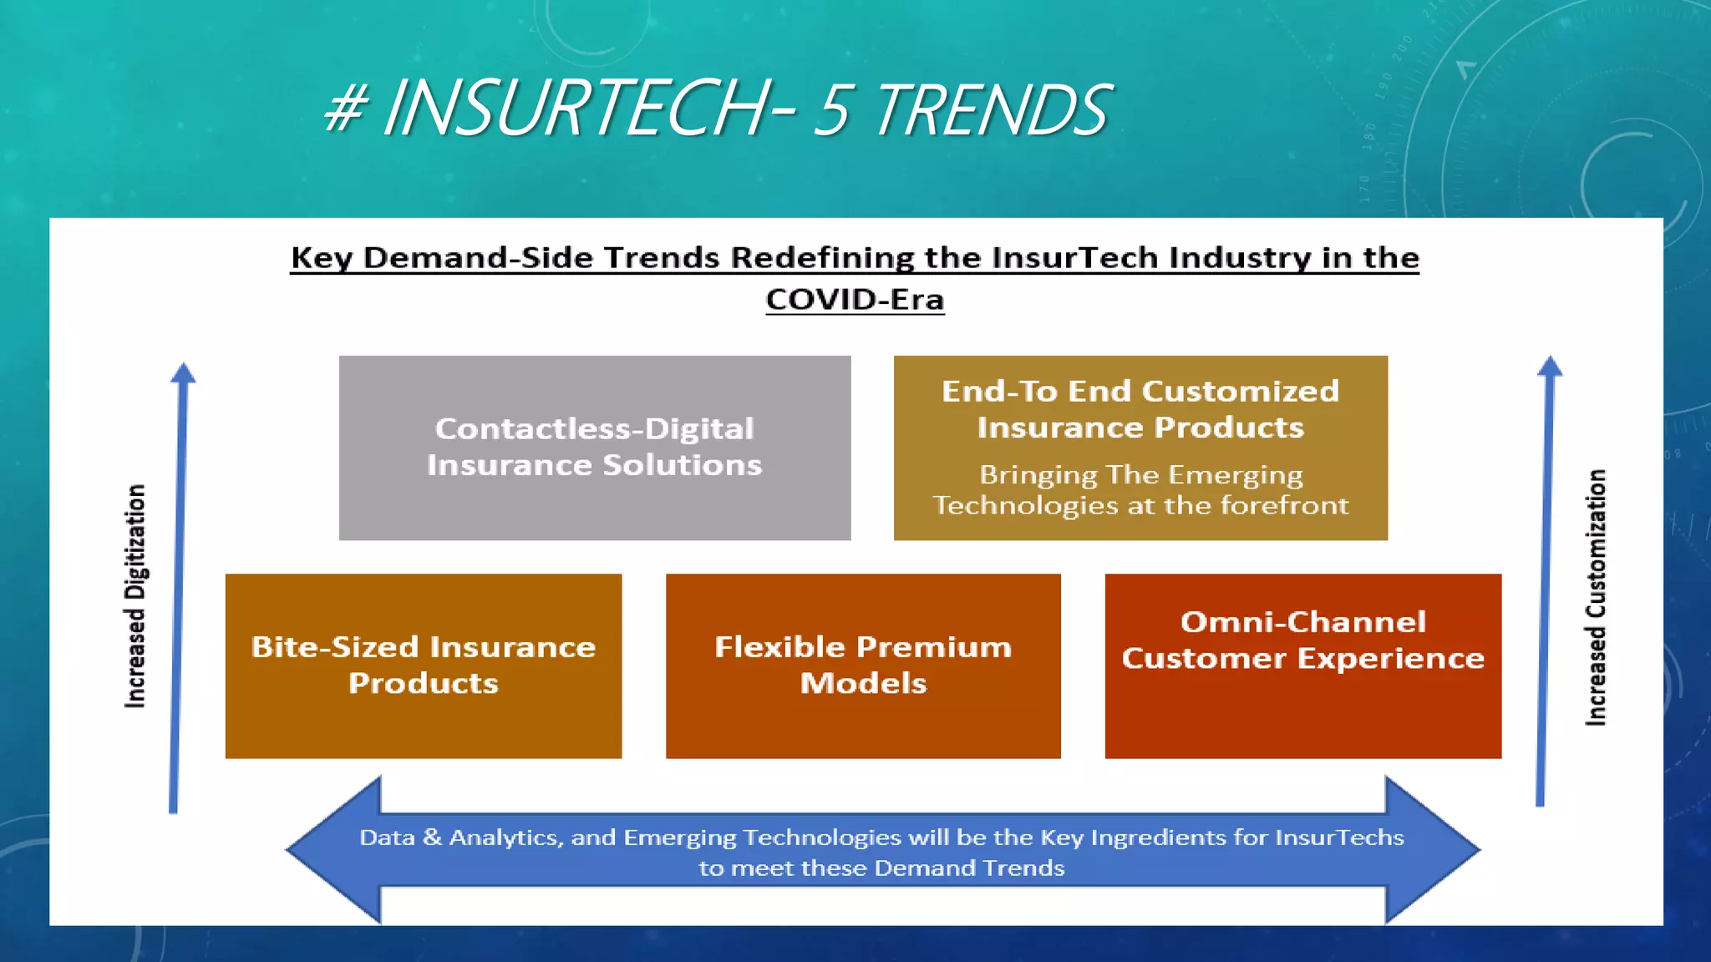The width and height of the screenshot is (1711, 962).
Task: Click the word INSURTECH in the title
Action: [576, 109]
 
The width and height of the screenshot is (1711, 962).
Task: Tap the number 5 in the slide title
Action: [832, 110]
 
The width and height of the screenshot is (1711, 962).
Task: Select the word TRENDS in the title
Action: [992, 110]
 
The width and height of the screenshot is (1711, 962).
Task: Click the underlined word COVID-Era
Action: [855, 300]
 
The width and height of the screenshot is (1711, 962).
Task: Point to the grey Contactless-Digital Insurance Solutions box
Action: [594, 448]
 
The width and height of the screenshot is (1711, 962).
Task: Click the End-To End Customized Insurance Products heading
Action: [1140, 409]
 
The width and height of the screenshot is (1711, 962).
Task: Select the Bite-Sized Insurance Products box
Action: [424, 666]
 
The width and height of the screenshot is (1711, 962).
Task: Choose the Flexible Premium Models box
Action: [863, 666]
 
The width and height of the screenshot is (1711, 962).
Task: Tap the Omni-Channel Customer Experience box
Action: [1302, 666]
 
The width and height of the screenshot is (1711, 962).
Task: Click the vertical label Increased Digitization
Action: [135, 596]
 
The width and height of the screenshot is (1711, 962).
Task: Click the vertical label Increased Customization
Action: [1596, 597]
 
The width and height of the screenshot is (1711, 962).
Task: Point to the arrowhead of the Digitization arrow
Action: [183, 373]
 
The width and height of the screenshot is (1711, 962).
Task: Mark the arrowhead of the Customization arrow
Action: [1550, 367]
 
